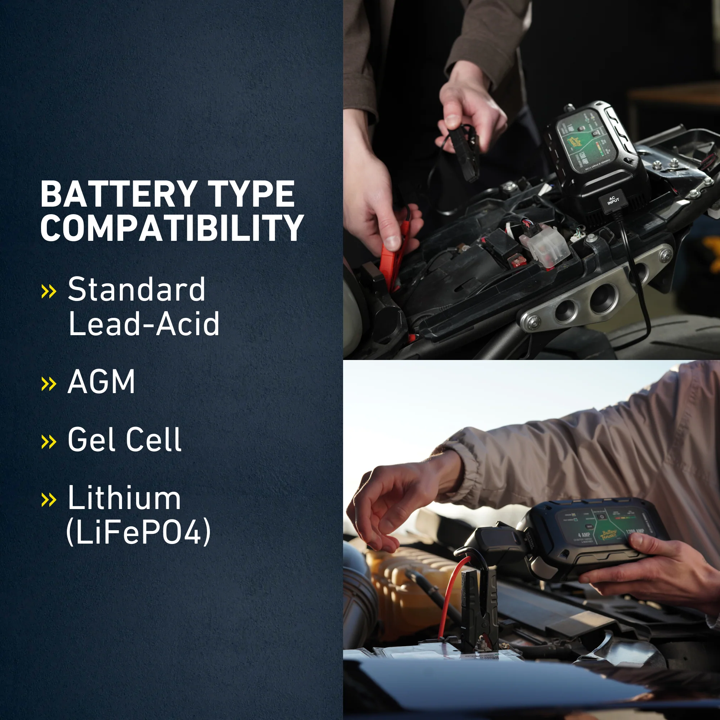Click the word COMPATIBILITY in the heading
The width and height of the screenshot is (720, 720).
tap(172, 228)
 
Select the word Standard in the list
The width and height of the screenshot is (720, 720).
tap(136, 289)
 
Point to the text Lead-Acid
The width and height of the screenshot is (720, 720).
tap(144, 324)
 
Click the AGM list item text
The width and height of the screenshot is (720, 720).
tap(101, 382)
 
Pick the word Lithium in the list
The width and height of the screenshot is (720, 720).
tap(124, 498)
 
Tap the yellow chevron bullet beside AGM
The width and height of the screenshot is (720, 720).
tap(49, 384)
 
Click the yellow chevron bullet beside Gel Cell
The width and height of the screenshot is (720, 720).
tap(49, 442)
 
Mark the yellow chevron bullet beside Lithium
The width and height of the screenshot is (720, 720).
tap(49, 500)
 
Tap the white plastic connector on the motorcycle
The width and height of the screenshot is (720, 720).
tap(545, 246)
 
